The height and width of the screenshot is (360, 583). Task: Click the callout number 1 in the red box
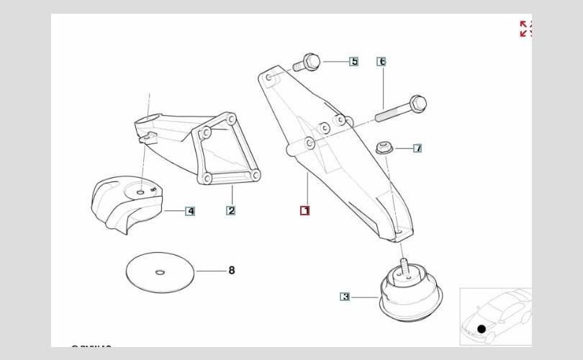(x=305, y=211)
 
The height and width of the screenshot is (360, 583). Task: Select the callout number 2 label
(x=231, y=211)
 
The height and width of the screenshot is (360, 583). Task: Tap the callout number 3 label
(x=345, y=296)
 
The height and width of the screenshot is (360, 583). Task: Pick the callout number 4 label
(x=190, y=211)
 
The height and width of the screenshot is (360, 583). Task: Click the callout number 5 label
(x=354, y=61)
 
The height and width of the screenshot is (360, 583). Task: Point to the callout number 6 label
(x=381, y=61)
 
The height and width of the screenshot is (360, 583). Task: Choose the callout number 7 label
(x=417, y=148)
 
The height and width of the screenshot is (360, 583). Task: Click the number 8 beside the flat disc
(x=232, y=271)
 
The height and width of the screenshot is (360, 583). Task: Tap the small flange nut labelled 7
(x=384, y=148)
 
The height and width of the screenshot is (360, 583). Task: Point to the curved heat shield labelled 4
(x=126, y=202)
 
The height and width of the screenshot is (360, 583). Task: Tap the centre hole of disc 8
(x=160, y=271)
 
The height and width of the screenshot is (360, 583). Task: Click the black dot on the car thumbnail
(x=482, y=329)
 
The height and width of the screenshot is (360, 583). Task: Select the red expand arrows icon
(x=525, y=29)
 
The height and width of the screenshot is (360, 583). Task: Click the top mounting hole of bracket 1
(x=268, y=75)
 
